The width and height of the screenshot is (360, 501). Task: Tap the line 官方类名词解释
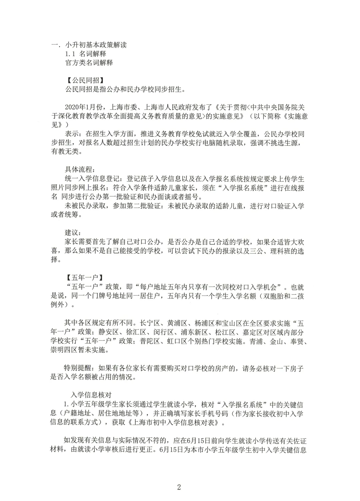[89, 62]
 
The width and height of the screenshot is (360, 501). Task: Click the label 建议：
[73, 232]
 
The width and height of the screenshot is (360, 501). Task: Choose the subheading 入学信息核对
[91, 395]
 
